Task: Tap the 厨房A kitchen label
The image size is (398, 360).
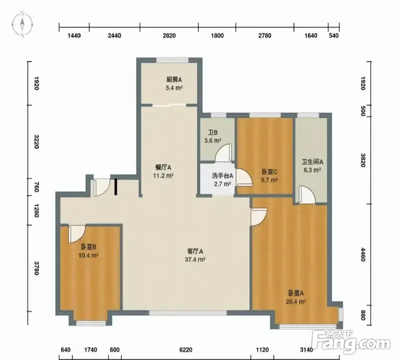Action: click(x=174, y=80)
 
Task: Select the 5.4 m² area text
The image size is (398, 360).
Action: click(x=175, y=88)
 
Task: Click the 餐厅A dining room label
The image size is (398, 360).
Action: click(x=163, y=168)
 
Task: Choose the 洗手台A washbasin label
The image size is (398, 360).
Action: click(x=222, y=176)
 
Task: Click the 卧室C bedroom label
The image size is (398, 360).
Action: click(x=269, y=172)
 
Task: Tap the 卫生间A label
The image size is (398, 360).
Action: click(x=312, y=162)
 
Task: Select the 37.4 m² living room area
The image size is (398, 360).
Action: click(x=195, y=259)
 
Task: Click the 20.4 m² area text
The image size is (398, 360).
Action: click(x=296, y=302)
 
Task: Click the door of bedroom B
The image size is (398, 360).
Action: click(x=77, y=234)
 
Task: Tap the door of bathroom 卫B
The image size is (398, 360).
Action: click(x=223, y=152)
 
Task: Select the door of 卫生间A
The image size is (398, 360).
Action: click(x=307, y=194)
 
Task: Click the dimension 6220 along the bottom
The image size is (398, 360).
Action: click(x=185, y=350)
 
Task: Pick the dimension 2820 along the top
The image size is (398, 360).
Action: click(x=169, y=35)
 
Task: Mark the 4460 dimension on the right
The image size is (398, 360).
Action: click(x=363, y=255)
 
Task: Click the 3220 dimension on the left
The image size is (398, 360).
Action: click(x=36, y=142)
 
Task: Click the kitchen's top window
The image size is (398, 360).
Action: click(x=173, y=60)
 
